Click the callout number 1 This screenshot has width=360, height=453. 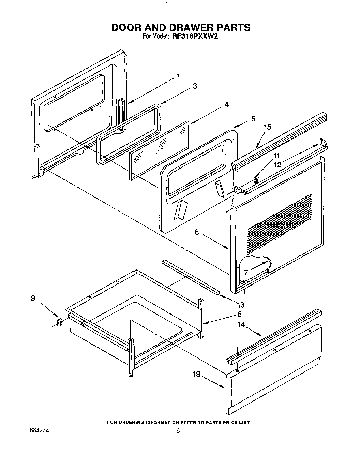click(178, 76)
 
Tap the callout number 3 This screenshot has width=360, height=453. click(195, 86)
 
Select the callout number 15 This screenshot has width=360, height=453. click(268, 127)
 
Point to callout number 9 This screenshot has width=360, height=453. click(33, 298)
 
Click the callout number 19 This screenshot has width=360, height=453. click(196, 374)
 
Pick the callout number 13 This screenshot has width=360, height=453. click(241, 305)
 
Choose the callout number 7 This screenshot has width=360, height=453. click(246, 272)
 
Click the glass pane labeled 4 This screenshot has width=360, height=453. click(159, 150)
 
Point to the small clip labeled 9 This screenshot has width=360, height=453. click(59, 322)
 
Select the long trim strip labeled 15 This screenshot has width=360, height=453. click(280, 140)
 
